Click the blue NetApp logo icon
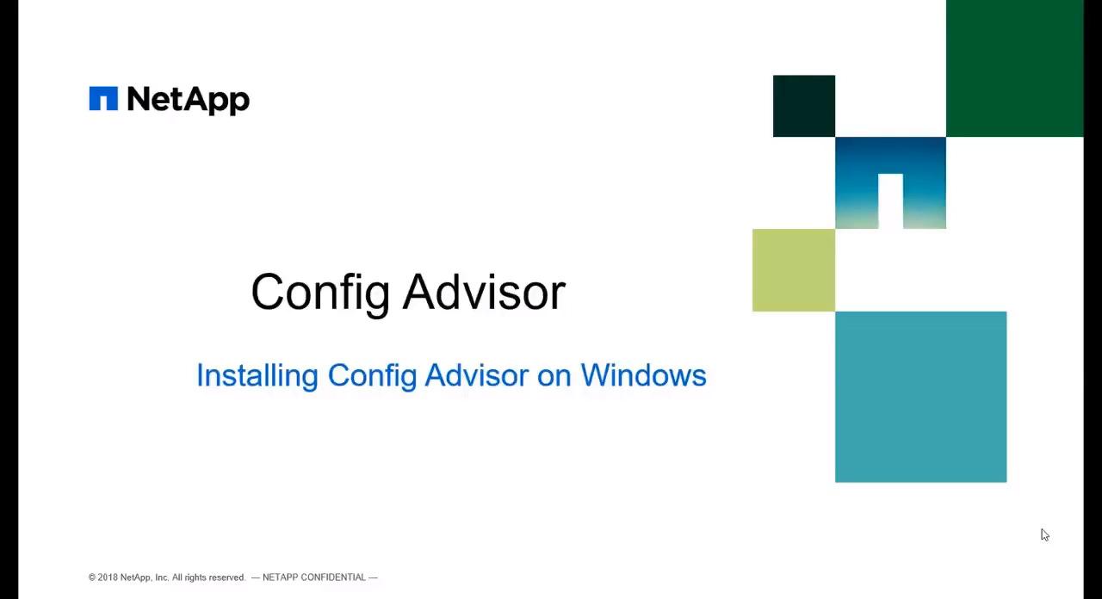[103, 98]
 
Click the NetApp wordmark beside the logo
[189, 101]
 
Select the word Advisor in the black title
[485, 292]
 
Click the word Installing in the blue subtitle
[257, 376]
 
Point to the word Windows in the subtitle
[643, 376]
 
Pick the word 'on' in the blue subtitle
[554, 379]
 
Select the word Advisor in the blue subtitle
[477, 376]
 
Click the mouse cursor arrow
[1045, 535]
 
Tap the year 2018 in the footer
[108, 577]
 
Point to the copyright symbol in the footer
[92, 577]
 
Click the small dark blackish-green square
[804, 106]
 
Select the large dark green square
[1014, 68]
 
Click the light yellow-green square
[794, 270]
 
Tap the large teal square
[920, 397]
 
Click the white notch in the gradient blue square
[890, 201]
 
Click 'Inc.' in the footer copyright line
[162, 577]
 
